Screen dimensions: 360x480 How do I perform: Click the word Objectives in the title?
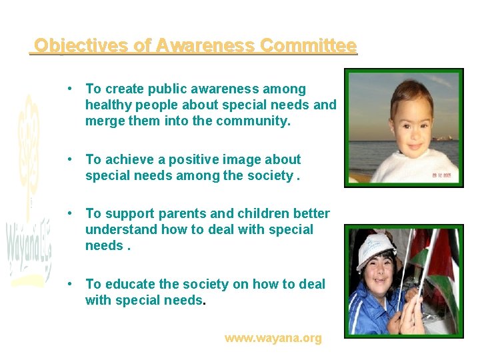(x=73, y=45)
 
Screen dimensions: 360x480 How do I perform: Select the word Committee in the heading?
(x=308, y=45)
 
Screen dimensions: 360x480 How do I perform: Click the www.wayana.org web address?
(x=273, y=338)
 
